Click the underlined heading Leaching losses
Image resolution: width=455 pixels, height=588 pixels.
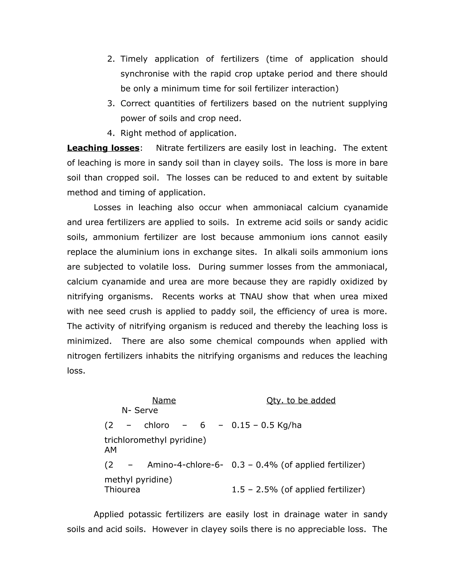(x=103, y=148)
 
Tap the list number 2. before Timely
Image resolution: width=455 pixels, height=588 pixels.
(x=111, y=59)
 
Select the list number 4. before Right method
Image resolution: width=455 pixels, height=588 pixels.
(x=111, y=133)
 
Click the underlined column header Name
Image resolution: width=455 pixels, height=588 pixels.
(x=164, y=400)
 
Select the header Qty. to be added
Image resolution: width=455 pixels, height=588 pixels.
(x=301, y=400)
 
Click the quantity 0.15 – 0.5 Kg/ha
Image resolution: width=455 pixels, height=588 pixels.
(x=267, y=425)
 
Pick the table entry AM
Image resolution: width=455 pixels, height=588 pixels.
(x=110, y=450)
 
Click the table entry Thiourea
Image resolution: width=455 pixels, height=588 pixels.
(x=122, y=489)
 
